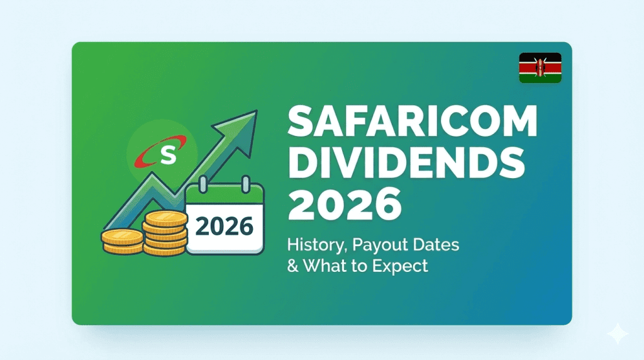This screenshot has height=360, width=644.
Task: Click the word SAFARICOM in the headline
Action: coord(413,121)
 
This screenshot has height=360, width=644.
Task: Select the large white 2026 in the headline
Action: coord(345,204)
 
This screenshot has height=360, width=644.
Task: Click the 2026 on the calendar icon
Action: coord(225,227)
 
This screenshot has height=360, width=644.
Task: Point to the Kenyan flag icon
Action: coord(540,68)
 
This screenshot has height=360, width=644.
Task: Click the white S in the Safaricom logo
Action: coord(168,154)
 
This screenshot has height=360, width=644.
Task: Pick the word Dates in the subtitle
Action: coord(436,245)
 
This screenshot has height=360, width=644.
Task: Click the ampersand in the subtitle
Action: coord(293,266)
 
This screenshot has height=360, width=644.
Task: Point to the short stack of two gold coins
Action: coord(123,241)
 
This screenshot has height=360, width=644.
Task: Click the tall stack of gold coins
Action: coord(165,233)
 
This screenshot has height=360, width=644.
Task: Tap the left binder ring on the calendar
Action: coord(203,184)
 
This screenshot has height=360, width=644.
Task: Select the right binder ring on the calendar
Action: coord(246,184)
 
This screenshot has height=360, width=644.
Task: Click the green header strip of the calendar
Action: coord(225,194)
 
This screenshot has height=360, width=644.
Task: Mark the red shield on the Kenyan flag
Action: coord(540,68)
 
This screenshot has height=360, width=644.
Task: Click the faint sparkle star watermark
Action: coord(618,334)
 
